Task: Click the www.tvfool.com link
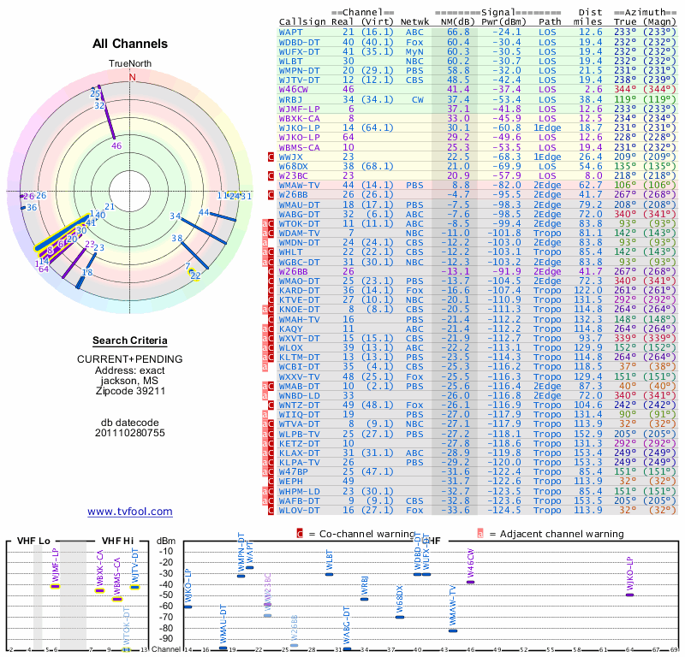(130, 512)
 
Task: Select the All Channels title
(130, 44)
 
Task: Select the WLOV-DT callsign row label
(300, 510)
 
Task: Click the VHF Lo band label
(32, 541)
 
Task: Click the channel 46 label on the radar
(117, 146)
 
